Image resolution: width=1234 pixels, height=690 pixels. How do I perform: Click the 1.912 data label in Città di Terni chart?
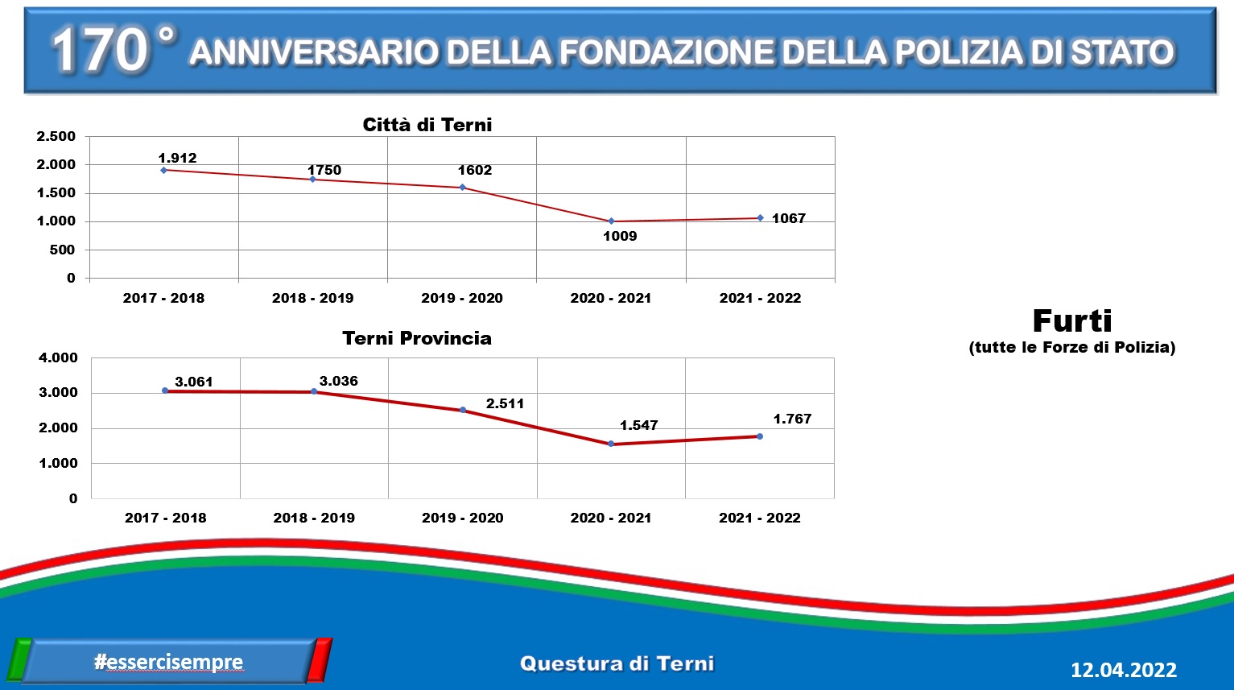click(x=177, y=158)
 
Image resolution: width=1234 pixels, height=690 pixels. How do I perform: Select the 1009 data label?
click(x=620, y=236)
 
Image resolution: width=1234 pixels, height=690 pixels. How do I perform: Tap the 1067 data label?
click(x=788, y=218)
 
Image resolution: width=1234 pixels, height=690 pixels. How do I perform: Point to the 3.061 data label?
click(x=194, y=382)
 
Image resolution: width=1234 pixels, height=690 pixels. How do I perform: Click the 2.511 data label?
click(x=505, y=403)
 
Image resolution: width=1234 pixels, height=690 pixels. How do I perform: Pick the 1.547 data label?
click(x=638, y=425)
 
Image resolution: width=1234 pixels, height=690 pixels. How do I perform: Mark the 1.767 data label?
click(x=792, y=419)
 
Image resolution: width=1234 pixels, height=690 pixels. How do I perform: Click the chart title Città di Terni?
click(x=427, y=125)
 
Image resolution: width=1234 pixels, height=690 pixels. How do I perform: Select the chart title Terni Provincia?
click(x=417, y=338)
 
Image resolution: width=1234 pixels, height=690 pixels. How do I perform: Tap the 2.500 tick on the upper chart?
click(x=56, y=136)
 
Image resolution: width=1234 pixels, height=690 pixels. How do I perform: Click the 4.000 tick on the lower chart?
click(x=58, y=357)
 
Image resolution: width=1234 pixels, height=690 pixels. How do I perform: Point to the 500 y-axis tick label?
click(x=63, y=250)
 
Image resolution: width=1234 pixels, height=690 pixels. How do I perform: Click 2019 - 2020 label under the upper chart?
click(x=462, y=298)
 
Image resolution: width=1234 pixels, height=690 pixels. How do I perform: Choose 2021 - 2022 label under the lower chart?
click(x=759, y=518)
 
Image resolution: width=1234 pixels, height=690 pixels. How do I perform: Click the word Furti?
click(x=1072, y=321)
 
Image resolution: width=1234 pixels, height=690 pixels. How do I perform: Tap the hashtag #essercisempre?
click(x=168, y=662)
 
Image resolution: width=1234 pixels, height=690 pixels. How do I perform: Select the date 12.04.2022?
click(x=1123, y=670)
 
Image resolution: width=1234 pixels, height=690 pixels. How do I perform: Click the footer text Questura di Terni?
click(x=617, y=664)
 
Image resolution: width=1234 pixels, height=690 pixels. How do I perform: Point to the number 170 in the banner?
click(x=100, y=50)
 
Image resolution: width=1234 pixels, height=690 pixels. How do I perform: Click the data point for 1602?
click(x=462, y=188)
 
